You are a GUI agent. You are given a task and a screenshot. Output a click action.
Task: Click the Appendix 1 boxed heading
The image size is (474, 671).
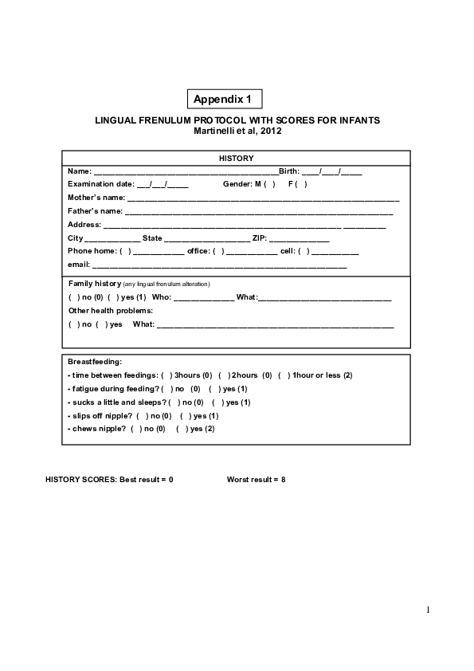coord(224,100)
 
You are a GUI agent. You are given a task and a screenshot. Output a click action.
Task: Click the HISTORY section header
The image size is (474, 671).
coord(237,158)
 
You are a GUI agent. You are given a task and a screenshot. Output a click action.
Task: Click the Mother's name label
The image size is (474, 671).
coord(96,197)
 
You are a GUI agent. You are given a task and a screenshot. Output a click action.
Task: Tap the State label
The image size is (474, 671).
coord(152,238)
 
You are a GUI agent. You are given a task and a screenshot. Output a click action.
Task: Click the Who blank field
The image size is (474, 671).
coord(203,297)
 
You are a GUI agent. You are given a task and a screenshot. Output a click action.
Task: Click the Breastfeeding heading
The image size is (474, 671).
coord(95,362)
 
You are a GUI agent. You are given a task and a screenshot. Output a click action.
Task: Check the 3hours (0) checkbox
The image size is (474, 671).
coord(166,375)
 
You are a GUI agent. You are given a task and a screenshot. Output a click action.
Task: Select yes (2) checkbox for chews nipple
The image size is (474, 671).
coord(182,429)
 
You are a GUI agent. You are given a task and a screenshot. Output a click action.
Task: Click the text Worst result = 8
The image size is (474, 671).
coord(256,480)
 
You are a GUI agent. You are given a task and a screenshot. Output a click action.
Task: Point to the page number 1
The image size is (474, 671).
coord(427,610)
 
